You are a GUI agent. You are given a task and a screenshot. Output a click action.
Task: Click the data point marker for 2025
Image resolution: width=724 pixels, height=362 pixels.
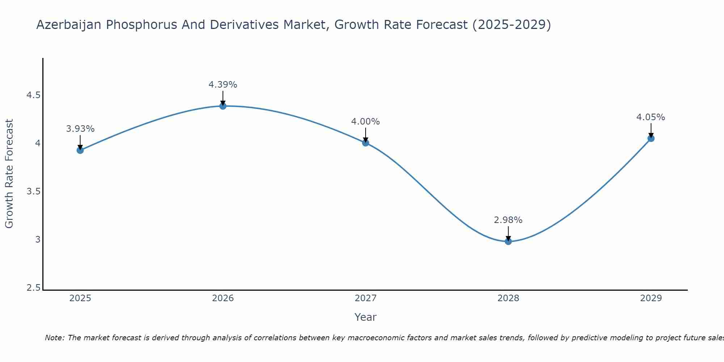click(80, 150)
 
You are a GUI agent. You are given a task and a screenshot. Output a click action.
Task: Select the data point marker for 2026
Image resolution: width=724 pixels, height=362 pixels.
click(223, 106)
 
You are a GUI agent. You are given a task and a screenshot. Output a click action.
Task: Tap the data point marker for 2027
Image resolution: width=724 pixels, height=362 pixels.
click(366, 143)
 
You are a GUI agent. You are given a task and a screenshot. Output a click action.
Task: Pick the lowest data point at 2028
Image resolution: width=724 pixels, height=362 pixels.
click(508, 241)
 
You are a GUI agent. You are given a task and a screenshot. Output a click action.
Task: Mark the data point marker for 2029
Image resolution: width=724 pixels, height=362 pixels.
click(651, 138)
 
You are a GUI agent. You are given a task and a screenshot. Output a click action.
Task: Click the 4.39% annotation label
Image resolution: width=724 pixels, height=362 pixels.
click(223, 85)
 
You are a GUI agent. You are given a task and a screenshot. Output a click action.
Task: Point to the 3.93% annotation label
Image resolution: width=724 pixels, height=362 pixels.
click(80, 129)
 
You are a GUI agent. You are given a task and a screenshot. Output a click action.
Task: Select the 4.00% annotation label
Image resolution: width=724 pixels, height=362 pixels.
click(366, 122)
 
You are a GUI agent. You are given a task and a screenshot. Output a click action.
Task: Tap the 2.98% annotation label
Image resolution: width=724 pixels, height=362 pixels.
click(508, 220)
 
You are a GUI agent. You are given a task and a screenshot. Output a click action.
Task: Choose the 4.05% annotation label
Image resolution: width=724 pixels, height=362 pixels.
click(651, 117)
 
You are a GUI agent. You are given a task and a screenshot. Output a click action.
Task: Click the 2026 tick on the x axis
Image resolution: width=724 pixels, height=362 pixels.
click(223, 298)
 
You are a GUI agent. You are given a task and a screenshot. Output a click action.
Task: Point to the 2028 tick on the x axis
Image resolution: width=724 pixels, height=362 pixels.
click(508, 298)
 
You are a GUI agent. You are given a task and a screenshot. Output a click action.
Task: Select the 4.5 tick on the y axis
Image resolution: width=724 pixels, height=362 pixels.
click(33, 95)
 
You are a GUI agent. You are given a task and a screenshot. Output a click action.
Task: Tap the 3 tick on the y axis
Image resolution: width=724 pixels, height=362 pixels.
click(38, 239)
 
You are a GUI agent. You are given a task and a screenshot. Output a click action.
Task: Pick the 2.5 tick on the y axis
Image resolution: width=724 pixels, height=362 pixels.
click(33, 288)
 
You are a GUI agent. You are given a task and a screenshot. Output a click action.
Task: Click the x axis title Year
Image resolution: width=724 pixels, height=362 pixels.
click(366, 317)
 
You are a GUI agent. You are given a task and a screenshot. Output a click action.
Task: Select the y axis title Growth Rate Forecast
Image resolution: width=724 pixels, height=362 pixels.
click(9, 174)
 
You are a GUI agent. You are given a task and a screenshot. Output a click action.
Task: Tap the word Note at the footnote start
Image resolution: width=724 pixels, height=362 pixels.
click(54, 338)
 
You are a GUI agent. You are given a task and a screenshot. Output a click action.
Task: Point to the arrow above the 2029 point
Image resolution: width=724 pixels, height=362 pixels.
click(651, 130)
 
